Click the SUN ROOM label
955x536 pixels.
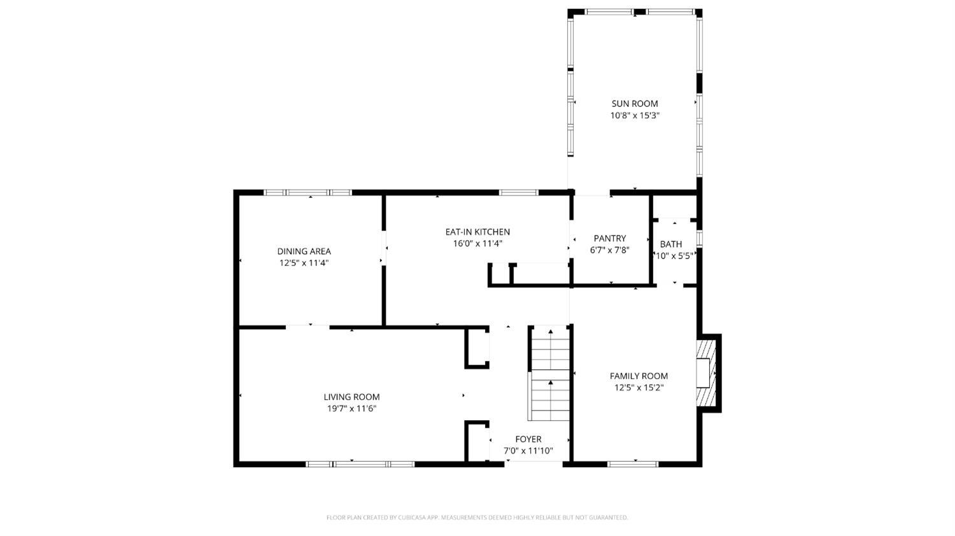pos(634,104)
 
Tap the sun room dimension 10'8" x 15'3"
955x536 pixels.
pos(634,116)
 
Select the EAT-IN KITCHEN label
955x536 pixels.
pos(477,232)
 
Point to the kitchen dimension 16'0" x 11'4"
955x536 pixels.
pos(477,243)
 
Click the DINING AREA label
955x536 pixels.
pos(304,251)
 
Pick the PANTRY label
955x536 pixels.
pos(609,239)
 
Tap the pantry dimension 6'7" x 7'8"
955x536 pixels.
pos(609,250)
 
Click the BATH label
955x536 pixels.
pos(670,244)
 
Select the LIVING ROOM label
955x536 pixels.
pos(351,397)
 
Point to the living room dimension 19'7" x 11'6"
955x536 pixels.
pos(351,409)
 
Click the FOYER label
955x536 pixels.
pos(528,439)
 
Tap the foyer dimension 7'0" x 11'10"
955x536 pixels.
pos(528,451)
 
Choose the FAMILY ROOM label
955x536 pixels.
pos(639,376)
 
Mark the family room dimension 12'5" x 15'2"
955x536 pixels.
pos(639,388)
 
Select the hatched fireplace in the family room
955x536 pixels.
pos(706,373)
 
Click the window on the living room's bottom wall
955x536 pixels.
pos(360,464)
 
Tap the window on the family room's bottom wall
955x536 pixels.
pos(633,464)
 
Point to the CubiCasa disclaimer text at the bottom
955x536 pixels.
pos(477,518)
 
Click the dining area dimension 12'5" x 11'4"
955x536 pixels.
pos(304,263)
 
